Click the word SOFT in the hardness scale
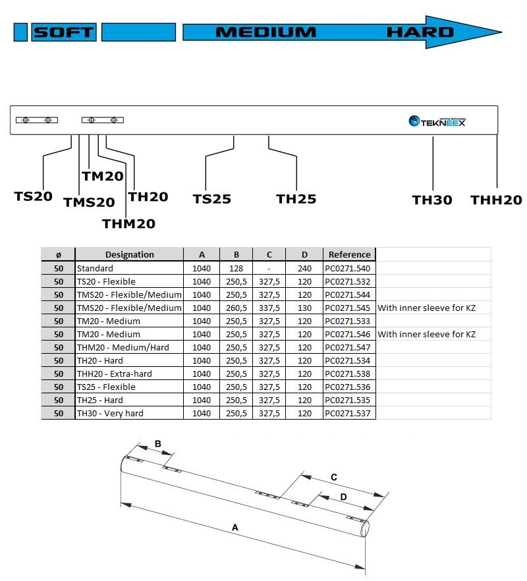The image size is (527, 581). point(64,32)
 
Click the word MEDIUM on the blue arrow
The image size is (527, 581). point(266,32)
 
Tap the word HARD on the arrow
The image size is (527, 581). point(420,32)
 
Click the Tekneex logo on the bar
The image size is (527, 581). point(437,121)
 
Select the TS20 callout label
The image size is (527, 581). point(33,196)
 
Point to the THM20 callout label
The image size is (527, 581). point(128,224)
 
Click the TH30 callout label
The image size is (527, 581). point(432,200)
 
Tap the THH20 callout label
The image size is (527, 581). point(495,200)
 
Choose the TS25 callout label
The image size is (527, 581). point(212,199)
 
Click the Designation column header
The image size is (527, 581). point(129,254)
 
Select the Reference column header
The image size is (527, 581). point(349,254)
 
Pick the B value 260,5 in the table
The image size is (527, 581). point(235,308)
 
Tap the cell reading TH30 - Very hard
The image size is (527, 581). point(110,413)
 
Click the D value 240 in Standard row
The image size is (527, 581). point(304,268)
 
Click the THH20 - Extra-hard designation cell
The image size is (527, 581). point(115,373)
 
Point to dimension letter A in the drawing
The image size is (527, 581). point(235,527)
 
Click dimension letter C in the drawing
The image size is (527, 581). point(333,476)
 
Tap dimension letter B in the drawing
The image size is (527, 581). point(158,443)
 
